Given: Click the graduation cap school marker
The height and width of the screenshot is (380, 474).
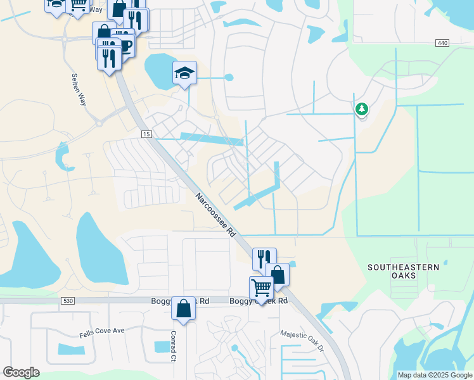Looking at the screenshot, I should coord(184,73).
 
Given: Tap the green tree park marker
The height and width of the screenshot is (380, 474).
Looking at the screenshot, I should coord(362,109).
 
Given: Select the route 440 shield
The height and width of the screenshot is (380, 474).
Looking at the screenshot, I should coord(442,42).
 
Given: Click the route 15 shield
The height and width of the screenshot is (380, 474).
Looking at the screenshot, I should coord(146,135).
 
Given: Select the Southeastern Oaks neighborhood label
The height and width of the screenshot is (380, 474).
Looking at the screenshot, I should coord(403,271).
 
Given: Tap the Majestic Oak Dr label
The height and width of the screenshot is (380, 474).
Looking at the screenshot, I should coord(302,340).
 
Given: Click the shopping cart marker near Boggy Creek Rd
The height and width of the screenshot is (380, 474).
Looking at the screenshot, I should coord(261,288).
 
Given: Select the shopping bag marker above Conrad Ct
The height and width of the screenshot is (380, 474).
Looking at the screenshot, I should coord(183,308).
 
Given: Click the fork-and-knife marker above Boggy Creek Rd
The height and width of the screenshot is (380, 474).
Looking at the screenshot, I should coord(264,258).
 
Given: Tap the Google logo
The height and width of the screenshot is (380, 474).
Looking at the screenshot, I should coord(21,372).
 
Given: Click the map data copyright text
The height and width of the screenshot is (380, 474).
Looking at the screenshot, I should coord(435,375).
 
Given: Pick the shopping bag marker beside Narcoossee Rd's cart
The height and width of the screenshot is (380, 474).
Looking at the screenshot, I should coord(278,274).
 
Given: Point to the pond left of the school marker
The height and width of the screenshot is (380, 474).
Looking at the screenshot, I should coord(159,65).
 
